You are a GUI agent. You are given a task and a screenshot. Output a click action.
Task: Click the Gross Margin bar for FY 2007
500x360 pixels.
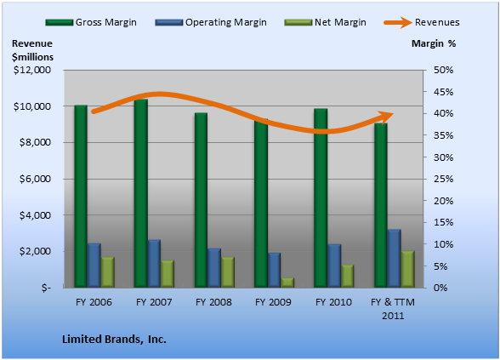point(141,193)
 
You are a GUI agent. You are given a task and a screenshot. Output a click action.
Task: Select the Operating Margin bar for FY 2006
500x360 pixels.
point(94,266)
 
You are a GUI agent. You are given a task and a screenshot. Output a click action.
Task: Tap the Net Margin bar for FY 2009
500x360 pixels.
point(287,283)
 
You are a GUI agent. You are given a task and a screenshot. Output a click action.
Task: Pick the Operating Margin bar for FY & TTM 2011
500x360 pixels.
point(395,259)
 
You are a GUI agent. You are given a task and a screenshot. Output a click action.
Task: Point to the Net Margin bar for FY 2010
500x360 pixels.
point(348,277)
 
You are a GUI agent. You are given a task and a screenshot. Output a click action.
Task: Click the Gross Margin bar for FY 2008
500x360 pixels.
point(201,200)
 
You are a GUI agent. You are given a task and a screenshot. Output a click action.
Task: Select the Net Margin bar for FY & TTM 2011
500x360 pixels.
point(408,269)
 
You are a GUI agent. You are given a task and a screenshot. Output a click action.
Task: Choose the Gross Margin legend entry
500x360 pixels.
point(91,22)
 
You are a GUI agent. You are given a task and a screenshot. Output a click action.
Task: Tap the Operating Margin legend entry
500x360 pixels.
point(211,22)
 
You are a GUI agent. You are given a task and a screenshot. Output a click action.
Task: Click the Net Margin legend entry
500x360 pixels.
point(325,22)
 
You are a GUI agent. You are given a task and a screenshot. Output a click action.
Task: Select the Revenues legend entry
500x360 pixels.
point(422,22)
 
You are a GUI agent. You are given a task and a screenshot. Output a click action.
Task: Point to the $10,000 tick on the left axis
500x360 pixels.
point(32,106)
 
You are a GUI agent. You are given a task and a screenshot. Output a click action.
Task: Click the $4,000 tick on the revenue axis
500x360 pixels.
point(35,215)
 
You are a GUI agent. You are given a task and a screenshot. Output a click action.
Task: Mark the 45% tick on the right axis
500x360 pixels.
point(443,92)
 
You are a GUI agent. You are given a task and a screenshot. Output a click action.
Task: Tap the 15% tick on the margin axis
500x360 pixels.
point(443,222)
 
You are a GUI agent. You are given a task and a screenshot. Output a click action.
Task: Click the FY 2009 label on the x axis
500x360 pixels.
point(273,302)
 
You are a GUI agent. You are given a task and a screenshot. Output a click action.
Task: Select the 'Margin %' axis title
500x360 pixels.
point(434,43)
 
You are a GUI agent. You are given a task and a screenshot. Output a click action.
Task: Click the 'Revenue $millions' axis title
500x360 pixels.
point(32,50)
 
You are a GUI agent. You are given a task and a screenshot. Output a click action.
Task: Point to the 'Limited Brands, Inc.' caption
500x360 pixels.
point(114,339)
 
